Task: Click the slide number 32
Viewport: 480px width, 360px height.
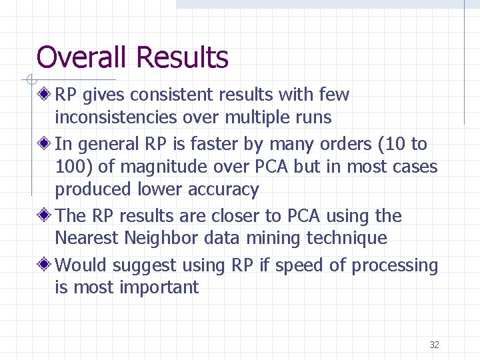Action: point(434,345)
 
